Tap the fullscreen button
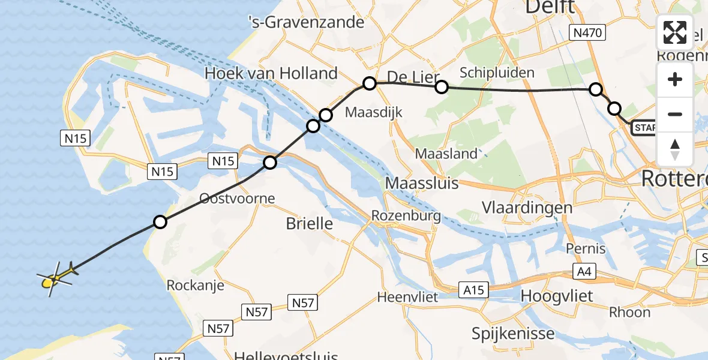tap(675, 32)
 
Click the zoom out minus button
tap(675, 114)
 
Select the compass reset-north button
tap(675, 149)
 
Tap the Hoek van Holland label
tap(271, 74)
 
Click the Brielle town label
tap(309, 224)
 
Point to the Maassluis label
tap(422, 182)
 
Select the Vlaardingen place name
tap(527, 208)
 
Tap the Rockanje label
tap(196, 285)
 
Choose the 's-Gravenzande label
tap(315, 22)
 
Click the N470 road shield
tap(587, 33)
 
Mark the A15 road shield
tap(474, 290)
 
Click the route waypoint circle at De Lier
tap(370, 83)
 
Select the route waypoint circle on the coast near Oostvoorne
tap(160, 222)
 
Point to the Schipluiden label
tap(497, 73)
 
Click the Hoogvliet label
tap(557, 296)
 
